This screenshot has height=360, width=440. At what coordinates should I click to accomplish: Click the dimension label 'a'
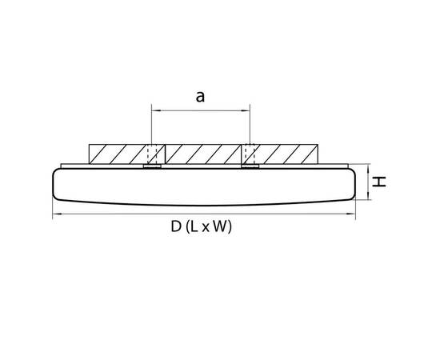[200, 97]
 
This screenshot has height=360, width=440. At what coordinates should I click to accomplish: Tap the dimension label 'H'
[379, 182]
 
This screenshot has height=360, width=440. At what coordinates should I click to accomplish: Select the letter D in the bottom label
[176, 226]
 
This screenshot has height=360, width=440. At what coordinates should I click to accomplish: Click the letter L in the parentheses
[194, 226]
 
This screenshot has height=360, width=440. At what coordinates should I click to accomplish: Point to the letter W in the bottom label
[220, 226]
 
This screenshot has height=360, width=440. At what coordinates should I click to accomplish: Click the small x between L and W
[206, 227]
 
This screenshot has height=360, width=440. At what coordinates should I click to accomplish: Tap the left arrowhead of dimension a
[154, 111]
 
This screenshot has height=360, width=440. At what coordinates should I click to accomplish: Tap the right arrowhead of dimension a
[246, 111]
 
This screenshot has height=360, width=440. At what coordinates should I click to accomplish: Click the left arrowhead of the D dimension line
[56, 214]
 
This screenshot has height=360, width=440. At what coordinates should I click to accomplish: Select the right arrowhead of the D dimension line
[352, 214]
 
